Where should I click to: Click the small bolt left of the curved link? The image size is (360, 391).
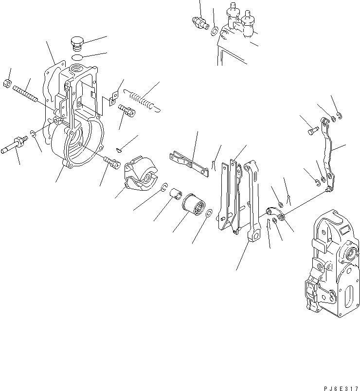pos(312,130)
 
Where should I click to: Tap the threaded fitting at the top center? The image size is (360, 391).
pos(198,22)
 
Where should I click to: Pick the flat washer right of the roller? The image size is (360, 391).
pos(208,213)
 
